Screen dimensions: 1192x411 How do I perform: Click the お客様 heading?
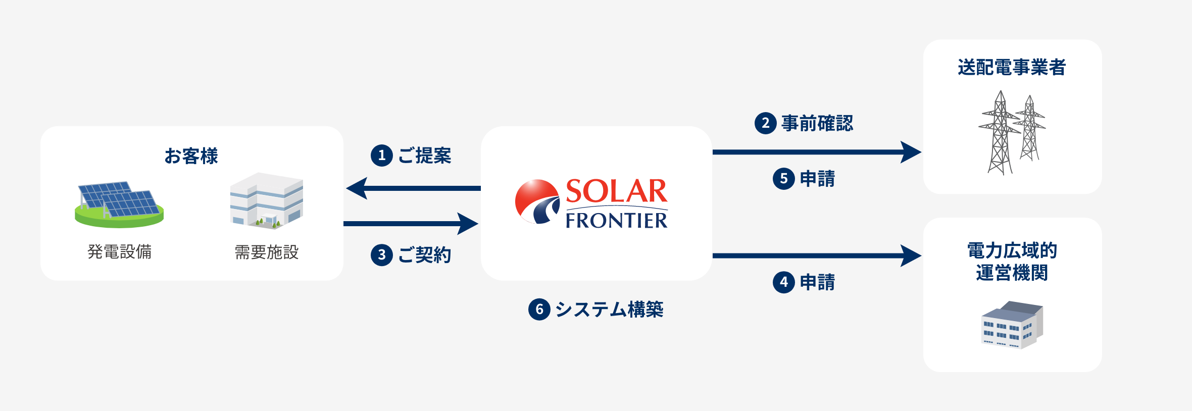point(191,156)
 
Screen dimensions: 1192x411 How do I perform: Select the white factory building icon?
point(267,201)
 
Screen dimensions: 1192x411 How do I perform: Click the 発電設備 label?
point(120,251)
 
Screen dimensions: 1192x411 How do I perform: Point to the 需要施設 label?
point(267,252)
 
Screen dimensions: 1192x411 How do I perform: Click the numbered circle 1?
point(382,156)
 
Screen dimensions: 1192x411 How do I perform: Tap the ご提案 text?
point(425,156)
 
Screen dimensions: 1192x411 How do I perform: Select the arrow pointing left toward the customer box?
point(413,188)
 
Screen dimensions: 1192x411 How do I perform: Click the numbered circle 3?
point(382,255)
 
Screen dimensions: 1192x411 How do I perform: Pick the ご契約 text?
point(425,255)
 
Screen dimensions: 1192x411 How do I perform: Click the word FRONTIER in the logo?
point(617,220)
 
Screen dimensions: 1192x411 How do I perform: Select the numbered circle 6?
point(539,309)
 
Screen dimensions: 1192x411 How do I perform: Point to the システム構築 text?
point(610,309)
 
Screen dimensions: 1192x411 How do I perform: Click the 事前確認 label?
point(817,123)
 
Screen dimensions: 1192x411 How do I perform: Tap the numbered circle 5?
point(784,179)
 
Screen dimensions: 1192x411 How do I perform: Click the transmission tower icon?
point(1012,133)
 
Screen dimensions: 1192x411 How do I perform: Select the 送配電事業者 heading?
point(1012,67)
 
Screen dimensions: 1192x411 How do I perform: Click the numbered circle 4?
point(784,282)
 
